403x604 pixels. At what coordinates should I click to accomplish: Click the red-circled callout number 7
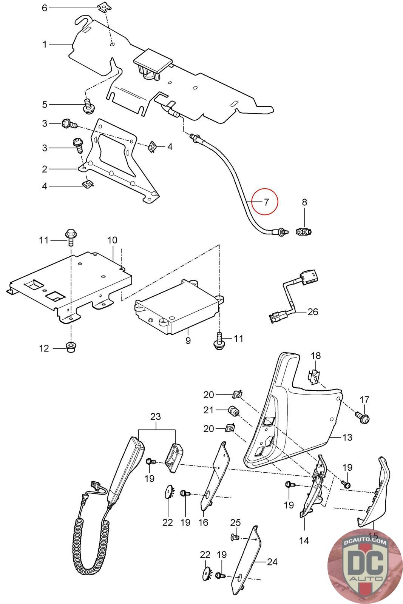pyautogui.click(x=266, y=202)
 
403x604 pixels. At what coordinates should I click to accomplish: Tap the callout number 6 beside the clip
pyautogui.click(x=45, y=8)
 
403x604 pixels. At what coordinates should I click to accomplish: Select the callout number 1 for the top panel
pyautogui.click(x=45, y=45)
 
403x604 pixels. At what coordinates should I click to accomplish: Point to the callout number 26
pyautogui.click(x=313, y=312)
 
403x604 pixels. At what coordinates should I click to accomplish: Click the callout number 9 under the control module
pyautogui.click(x=188, y=341)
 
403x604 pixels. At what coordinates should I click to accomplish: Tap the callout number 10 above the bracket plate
pyautogui.click(x=112, y=240)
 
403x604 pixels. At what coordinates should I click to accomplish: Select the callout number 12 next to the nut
pyautogui.click(x=45, y=348)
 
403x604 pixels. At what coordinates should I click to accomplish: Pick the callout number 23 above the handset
pyautogui.click(x=156, y=417)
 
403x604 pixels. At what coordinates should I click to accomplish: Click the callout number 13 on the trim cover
pyautogui.click(x=347, y=437)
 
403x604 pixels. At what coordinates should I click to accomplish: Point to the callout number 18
pyautogui.click(x=316, y=356)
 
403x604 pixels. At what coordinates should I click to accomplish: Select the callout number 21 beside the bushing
pyautogui.click(x=208, y=410)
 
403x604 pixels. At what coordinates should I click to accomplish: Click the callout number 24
pyautogui.click(x=272, y=562)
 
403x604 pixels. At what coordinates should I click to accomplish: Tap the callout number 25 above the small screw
pyautogui.click(x=235, y=523)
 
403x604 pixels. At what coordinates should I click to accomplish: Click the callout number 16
pyautogui.click(x=203, y=522)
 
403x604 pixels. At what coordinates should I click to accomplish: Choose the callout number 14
pyautogui.click(x=304, y=541)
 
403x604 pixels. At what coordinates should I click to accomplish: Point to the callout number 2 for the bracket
pyautogui.click(x=45, y=169)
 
